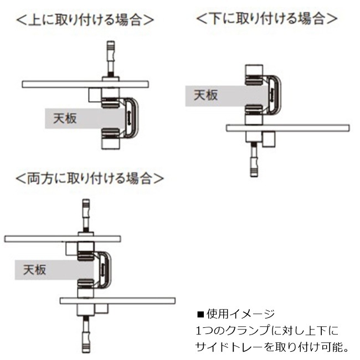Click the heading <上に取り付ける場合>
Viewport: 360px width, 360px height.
click(85, 20)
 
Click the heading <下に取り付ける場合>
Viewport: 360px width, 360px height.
click(267, 18)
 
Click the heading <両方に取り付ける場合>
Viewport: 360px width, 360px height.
click(90, 178)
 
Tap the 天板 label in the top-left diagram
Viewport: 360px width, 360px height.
click(65, 118)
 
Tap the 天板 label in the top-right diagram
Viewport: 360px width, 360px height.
click(205, 95)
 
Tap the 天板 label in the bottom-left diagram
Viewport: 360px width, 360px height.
click(35, 270)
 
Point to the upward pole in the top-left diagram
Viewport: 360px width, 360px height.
click(110, 59)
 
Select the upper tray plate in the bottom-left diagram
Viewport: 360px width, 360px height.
click(63, 239)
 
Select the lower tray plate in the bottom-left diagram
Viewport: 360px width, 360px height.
click(117, 301)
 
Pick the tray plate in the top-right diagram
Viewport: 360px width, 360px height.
click(288, 128)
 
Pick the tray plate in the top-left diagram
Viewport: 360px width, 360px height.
click(85, 84)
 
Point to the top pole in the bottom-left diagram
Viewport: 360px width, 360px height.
click(86, 216)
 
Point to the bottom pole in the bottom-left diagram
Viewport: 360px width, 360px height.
click(86, 333)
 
